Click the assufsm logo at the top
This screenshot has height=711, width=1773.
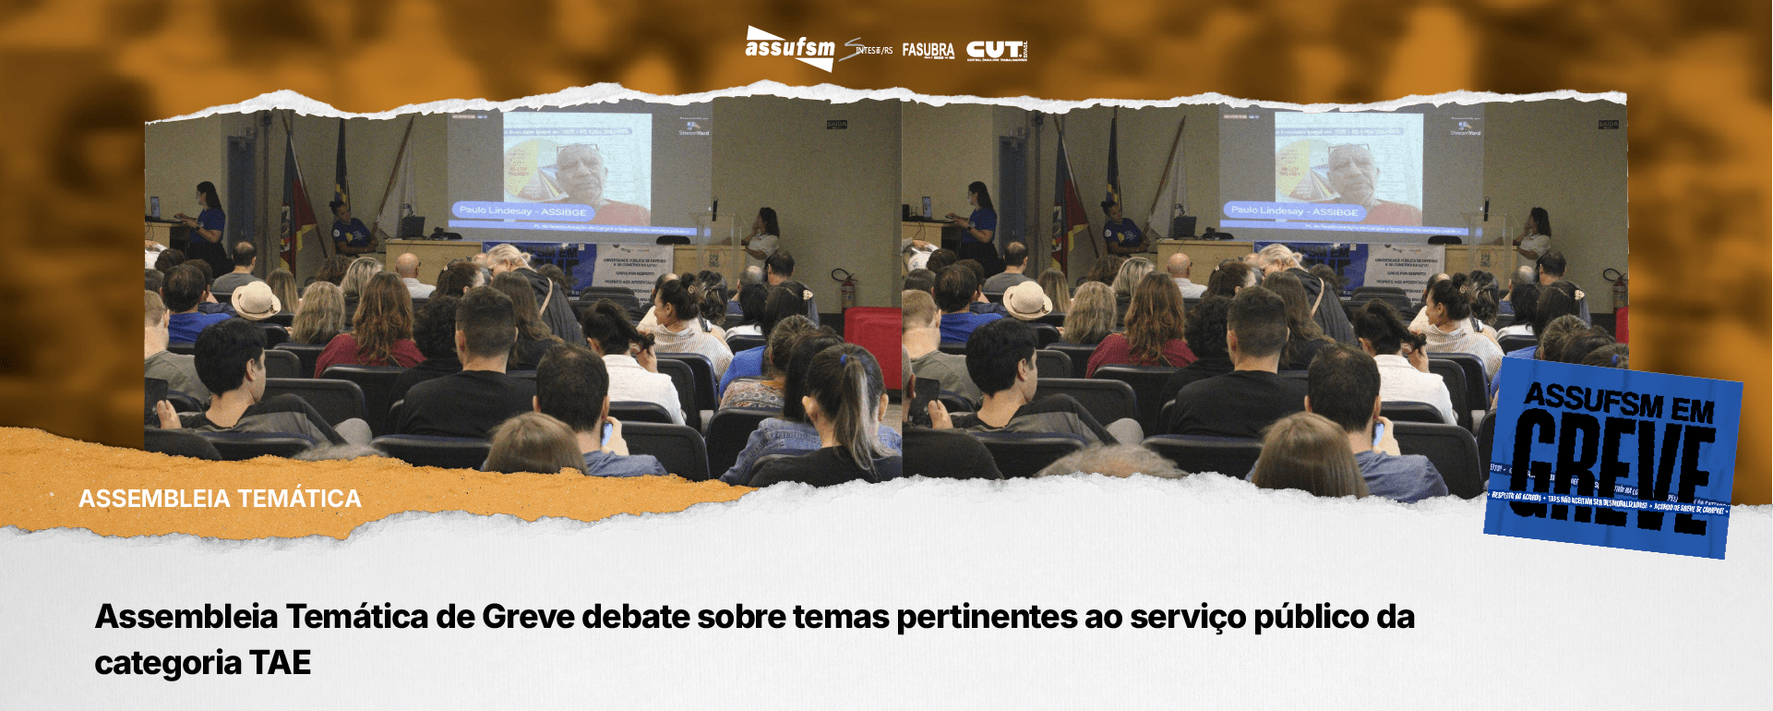[789, 48]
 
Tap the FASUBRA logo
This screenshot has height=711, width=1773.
[928, 50]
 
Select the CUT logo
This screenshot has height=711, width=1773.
[995, 50]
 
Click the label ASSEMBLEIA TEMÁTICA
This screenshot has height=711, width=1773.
[220, 499]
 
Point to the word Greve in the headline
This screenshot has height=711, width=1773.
[528, 617]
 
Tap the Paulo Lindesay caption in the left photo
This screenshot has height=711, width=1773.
[522, 211]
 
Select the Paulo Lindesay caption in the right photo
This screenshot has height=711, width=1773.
[1294, 211]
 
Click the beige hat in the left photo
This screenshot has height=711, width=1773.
[255, 299]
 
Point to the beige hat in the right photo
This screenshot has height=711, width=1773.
[1026, 299]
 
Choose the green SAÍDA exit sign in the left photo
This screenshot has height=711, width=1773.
[836, 124]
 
